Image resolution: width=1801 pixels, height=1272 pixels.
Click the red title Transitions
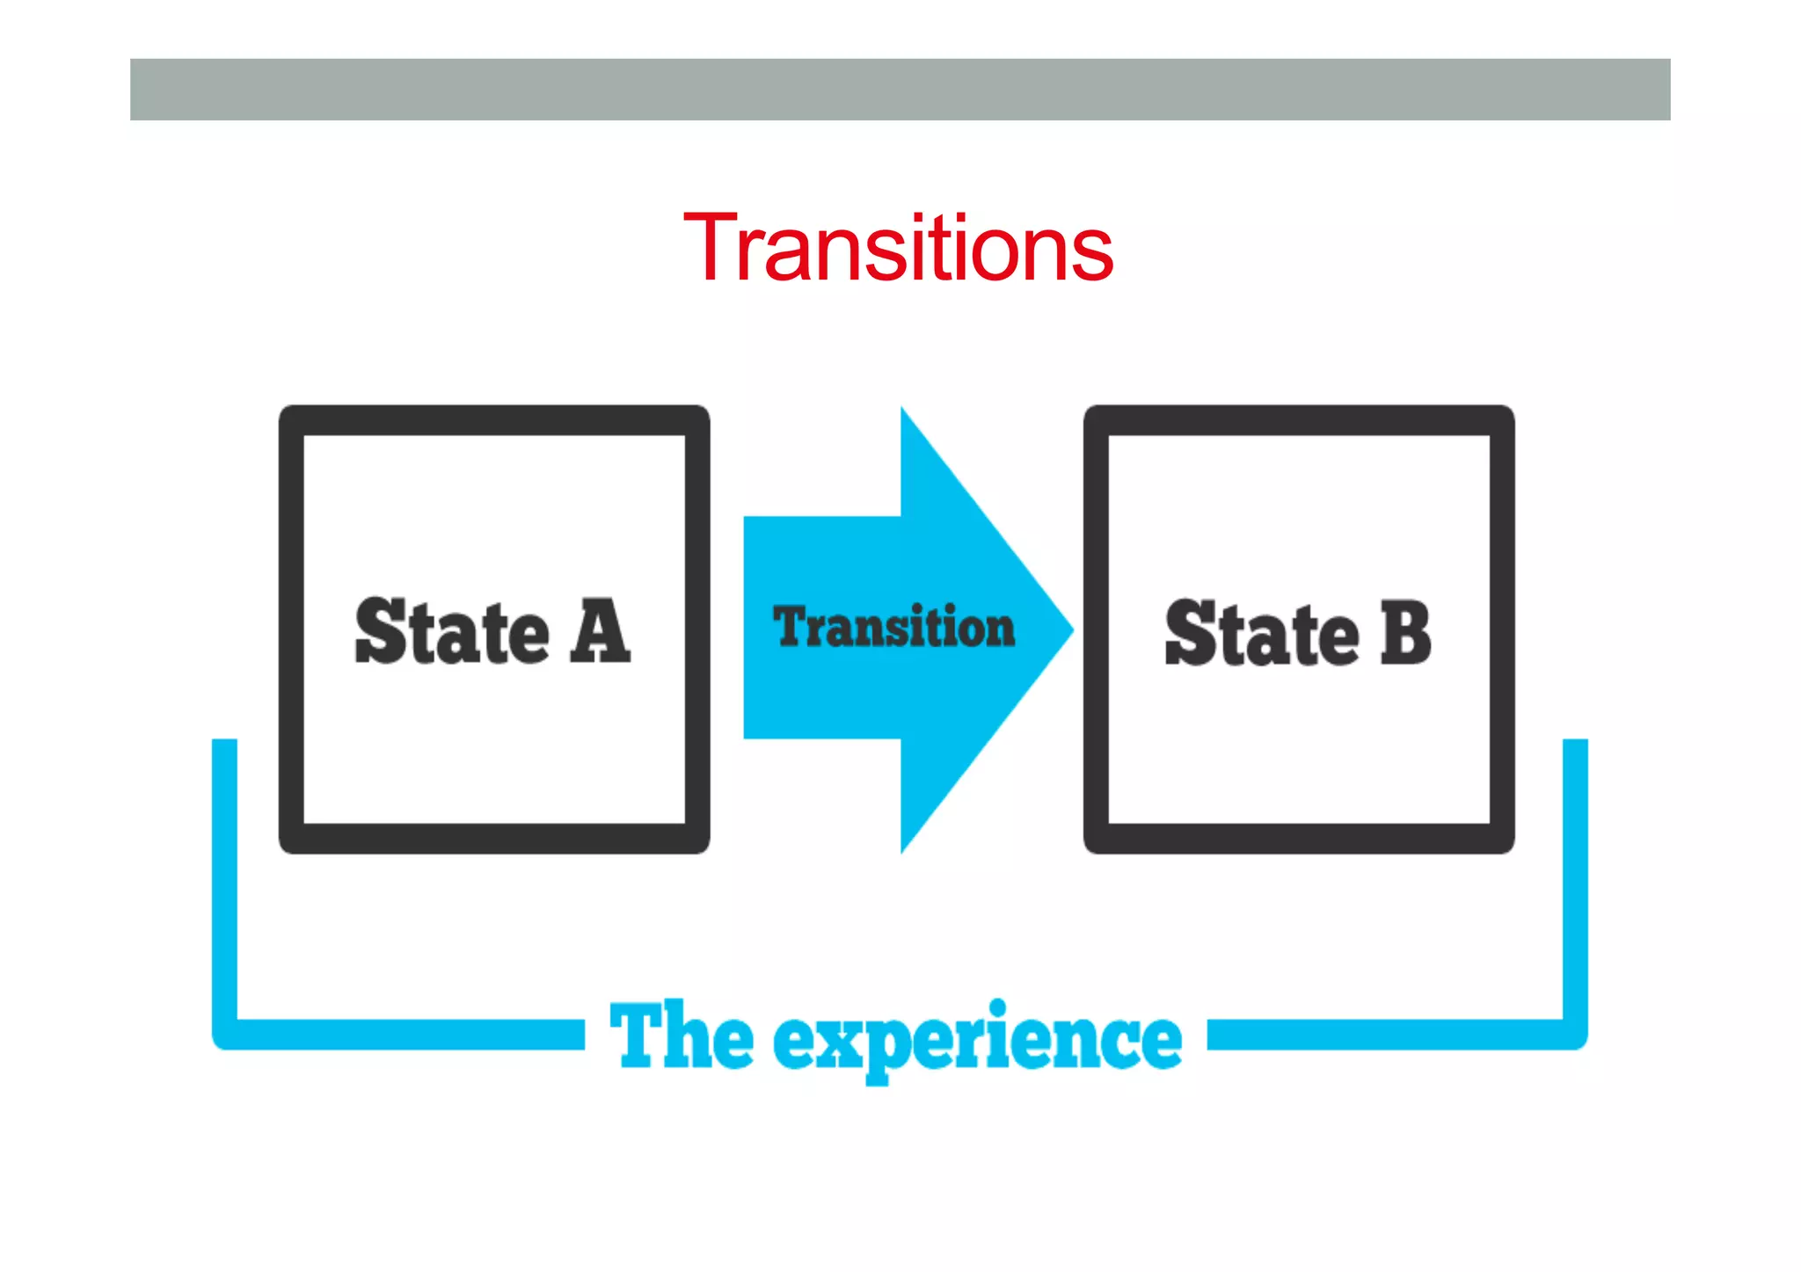pos(898,249)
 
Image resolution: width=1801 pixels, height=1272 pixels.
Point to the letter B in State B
pos(1405,632)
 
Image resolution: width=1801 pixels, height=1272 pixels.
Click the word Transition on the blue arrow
pos(893,627)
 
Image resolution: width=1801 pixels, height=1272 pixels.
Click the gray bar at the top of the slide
pos(900,90)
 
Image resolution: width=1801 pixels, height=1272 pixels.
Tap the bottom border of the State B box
pos(1299,838)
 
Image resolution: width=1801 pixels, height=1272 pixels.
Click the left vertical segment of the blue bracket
pos(225,879)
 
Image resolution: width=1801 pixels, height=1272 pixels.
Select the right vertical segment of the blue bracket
pos(1575,879)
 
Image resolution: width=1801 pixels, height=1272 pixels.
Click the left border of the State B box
pos(1097,629)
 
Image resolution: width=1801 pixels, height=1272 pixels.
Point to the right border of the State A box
pos(697,629)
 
